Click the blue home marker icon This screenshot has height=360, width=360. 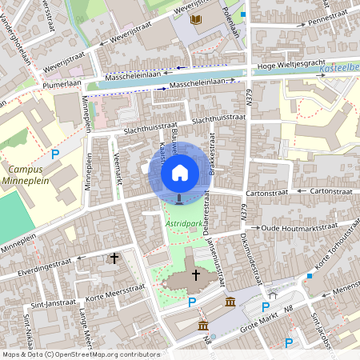180,172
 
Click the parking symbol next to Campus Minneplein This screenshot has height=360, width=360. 54,154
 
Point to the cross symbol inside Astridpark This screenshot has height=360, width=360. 195,274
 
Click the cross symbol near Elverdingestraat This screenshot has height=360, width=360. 114,258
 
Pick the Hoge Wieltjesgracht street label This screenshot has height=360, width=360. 290,66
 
